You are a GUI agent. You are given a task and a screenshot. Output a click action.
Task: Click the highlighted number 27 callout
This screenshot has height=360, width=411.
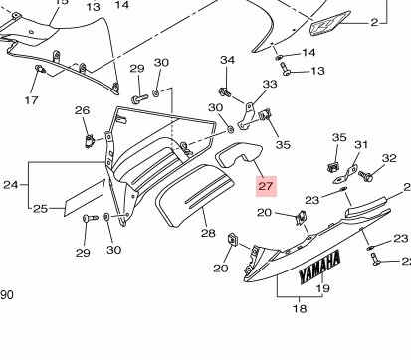click(x=266, y=186)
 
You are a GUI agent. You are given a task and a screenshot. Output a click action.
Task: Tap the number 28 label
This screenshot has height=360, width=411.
click(x=208, y=233)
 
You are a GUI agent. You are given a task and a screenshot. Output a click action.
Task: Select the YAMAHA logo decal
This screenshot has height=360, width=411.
click(x=319, y=268)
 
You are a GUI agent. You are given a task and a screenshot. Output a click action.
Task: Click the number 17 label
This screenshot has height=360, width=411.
click(x=32, y=100)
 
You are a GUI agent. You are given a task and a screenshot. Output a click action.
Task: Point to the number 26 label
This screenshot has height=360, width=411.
click(x=82, y=110)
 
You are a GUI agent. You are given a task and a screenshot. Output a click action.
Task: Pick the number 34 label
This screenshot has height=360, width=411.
click(x=227, y=60)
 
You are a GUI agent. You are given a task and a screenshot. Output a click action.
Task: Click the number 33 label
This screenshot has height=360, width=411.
click(x=270, y=84)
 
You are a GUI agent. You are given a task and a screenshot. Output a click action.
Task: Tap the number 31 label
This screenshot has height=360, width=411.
click(x=361, y=145)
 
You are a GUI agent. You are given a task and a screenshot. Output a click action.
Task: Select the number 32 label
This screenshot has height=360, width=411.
click(x=389, y=158)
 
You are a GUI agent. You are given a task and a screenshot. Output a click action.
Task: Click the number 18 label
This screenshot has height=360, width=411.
click(x=300, y=309)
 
